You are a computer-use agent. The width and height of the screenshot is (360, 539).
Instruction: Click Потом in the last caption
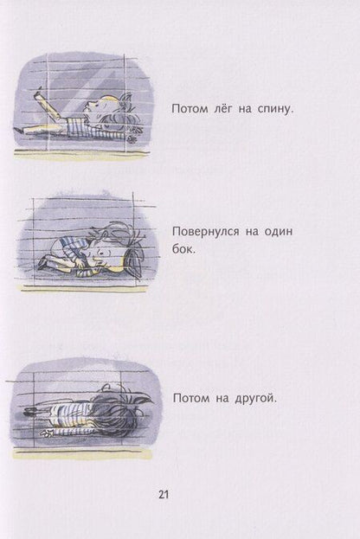click(193, 398)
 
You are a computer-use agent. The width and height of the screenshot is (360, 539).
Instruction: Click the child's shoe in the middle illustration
click(42, 261)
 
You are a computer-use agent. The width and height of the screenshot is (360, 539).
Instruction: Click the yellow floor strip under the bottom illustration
click(82, 452)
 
